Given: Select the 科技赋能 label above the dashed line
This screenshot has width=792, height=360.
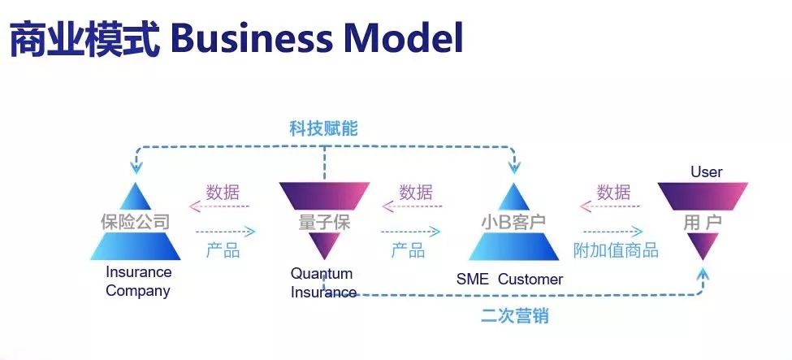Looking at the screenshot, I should [323, 128].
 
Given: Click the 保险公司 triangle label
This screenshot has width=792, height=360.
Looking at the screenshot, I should [136, 221].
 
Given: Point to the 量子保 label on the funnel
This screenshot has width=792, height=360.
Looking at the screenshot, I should [324, 221].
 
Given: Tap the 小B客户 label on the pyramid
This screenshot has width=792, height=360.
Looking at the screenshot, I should [513, 221].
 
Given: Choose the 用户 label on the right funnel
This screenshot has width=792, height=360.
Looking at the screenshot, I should [702, 221].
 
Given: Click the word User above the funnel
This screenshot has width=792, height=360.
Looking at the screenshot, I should [706, 171].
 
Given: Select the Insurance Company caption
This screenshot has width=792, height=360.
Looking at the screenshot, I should [138, 281].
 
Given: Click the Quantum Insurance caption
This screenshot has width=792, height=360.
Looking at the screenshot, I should [323, 283].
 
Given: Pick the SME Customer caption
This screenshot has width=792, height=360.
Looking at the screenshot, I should [509, 280].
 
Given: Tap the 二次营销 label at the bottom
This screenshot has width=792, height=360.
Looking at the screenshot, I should [514, 315].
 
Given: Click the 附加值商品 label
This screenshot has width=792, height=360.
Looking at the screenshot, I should [616, 250].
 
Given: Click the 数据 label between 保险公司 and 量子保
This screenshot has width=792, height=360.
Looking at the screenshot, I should [223, 193].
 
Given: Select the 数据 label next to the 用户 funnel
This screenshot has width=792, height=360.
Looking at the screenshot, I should [613, 193].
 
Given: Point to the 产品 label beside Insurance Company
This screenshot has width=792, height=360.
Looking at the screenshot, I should [223, 250].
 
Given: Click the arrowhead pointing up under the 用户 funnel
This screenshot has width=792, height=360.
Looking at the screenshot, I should [703, 274].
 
